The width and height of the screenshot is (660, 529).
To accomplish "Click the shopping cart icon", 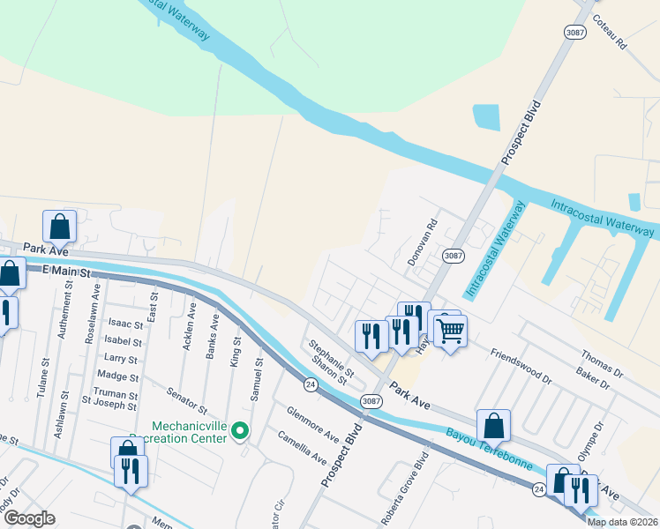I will (451, 332).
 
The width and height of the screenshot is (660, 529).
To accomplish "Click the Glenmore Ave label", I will (313, 424).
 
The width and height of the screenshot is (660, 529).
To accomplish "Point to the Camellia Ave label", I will (303, 446).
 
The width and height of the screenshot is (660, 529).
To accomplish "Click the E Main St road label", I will (67, 273).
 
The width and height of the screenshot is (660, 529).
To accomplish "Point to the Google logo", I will (30, 518).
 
